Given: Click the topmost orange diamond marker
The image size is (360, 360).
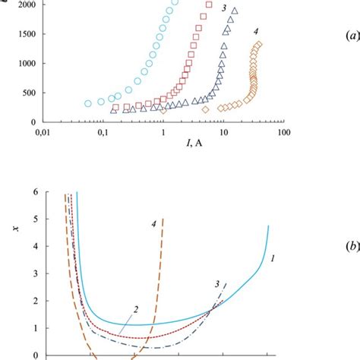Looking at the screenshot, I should [x=259, y=45].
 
